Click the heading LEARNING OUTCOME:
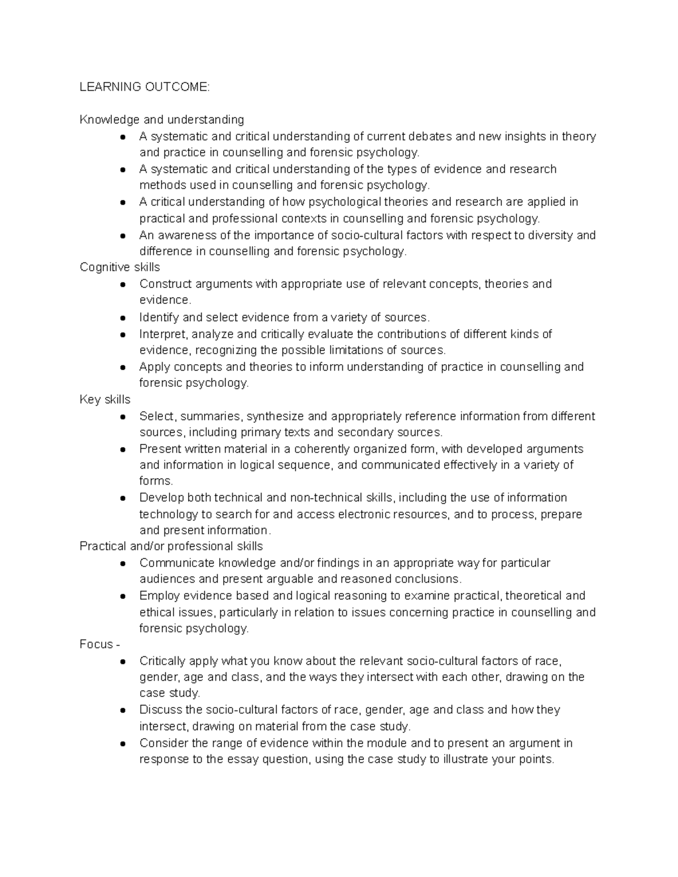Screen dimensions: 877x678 tap(144, 87)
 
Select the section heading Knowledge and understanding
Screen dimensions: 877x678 tap(162, 120)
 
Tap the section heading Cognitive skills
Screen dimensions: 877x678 tap(120, 267)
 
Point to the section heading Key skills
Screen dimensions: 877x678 tap(105, 399)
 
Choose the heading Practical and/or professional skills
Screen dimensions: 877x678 tap(171, 546)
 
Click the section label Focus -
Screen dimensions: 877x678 tap(99, 644)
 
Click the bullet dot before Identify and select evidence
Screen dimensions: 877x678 tap(123, 317)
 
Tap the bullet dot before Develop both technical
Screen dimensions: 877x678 tap(123, 498)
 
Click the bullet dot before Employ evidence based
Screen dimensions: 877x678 tap(123, 596)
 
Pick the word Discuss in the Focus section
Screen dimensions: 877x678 tap(161, 709)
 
